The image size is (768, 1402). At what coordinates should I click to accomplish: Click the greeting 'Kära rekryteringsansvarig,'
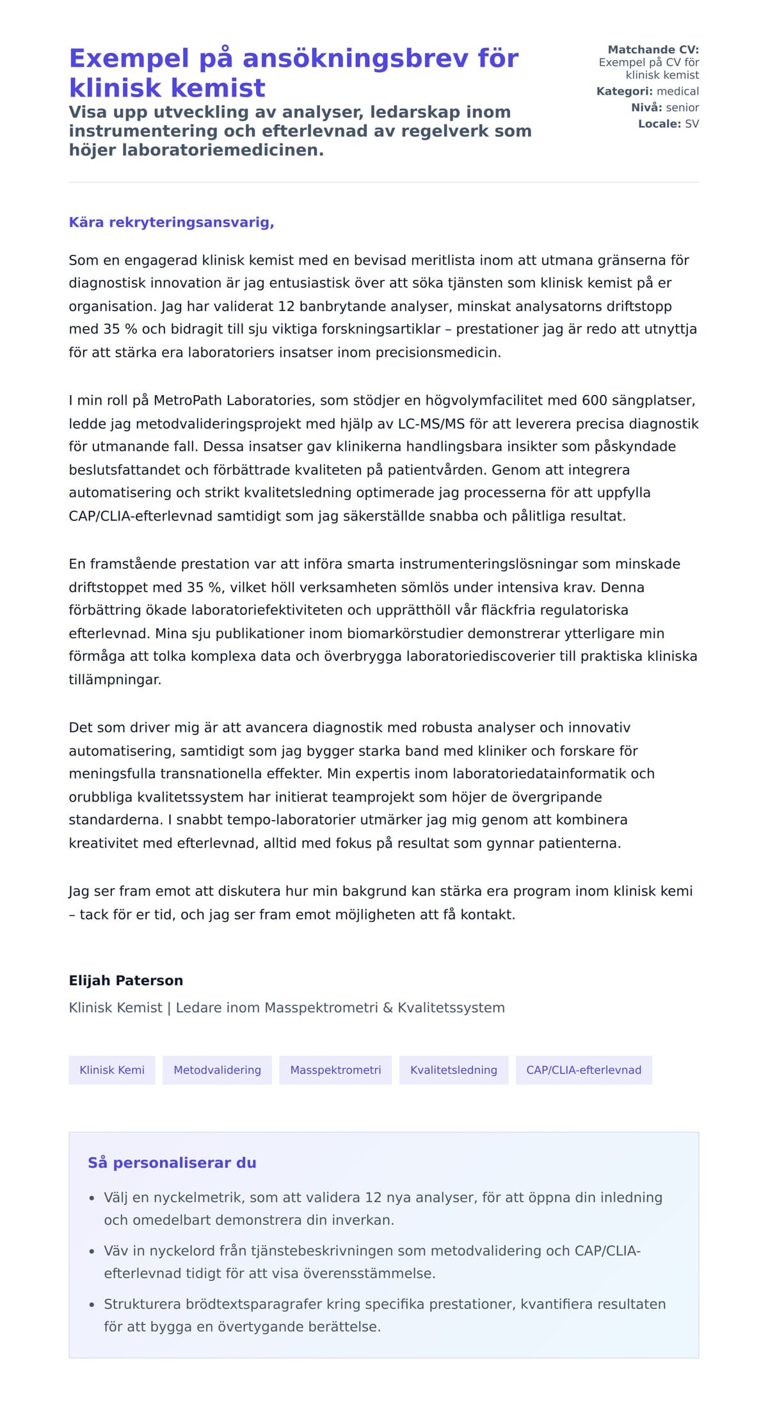click(x=172, y=222)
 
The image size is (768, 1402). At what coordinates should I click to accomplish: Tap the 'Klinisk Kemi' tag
click(x=112, y=1070)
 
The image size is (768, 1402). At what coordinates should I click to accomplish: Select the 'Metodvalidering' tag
click(x=217, y=1070)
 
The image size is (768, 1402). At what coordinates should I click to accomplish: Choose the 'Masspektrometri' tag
click(x=335, y=1070)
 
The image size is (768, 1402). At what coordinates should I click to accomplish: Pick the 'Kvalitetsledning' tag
click(x=453, y=1070)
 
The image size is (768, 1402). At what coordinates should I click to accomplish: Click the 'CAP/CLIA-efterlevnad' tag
click(x=584, y=1070)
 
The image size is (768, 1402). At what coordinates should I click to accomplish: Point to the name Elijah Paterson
click(x=126, y=980)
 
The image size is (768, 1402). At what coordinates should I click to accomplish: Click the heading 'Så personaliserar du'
click(x=172, y=1163)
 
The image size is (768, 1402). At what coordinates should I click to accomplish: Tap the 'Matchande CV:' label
click(x=653, y=49)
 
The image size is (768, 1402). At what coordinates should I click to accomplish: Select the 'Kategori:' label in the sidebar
click(x=625, y=91)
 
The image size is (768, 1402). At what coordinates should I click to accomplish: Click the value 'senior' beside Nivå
click(x=682, y=108)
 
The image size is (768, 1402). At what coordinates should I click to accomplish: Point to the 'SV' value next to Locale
click(x=692, y=124)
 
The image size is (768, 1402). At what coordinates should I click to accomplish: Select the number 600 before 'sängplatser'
click(x=594, y=401)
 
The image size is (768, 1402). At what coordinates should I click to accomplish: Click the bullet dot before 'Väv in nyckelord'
click(x=92, y=1251)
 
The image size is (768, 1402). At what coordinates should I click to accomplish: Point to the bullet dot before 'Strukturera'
click(x=92, y=1305)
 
